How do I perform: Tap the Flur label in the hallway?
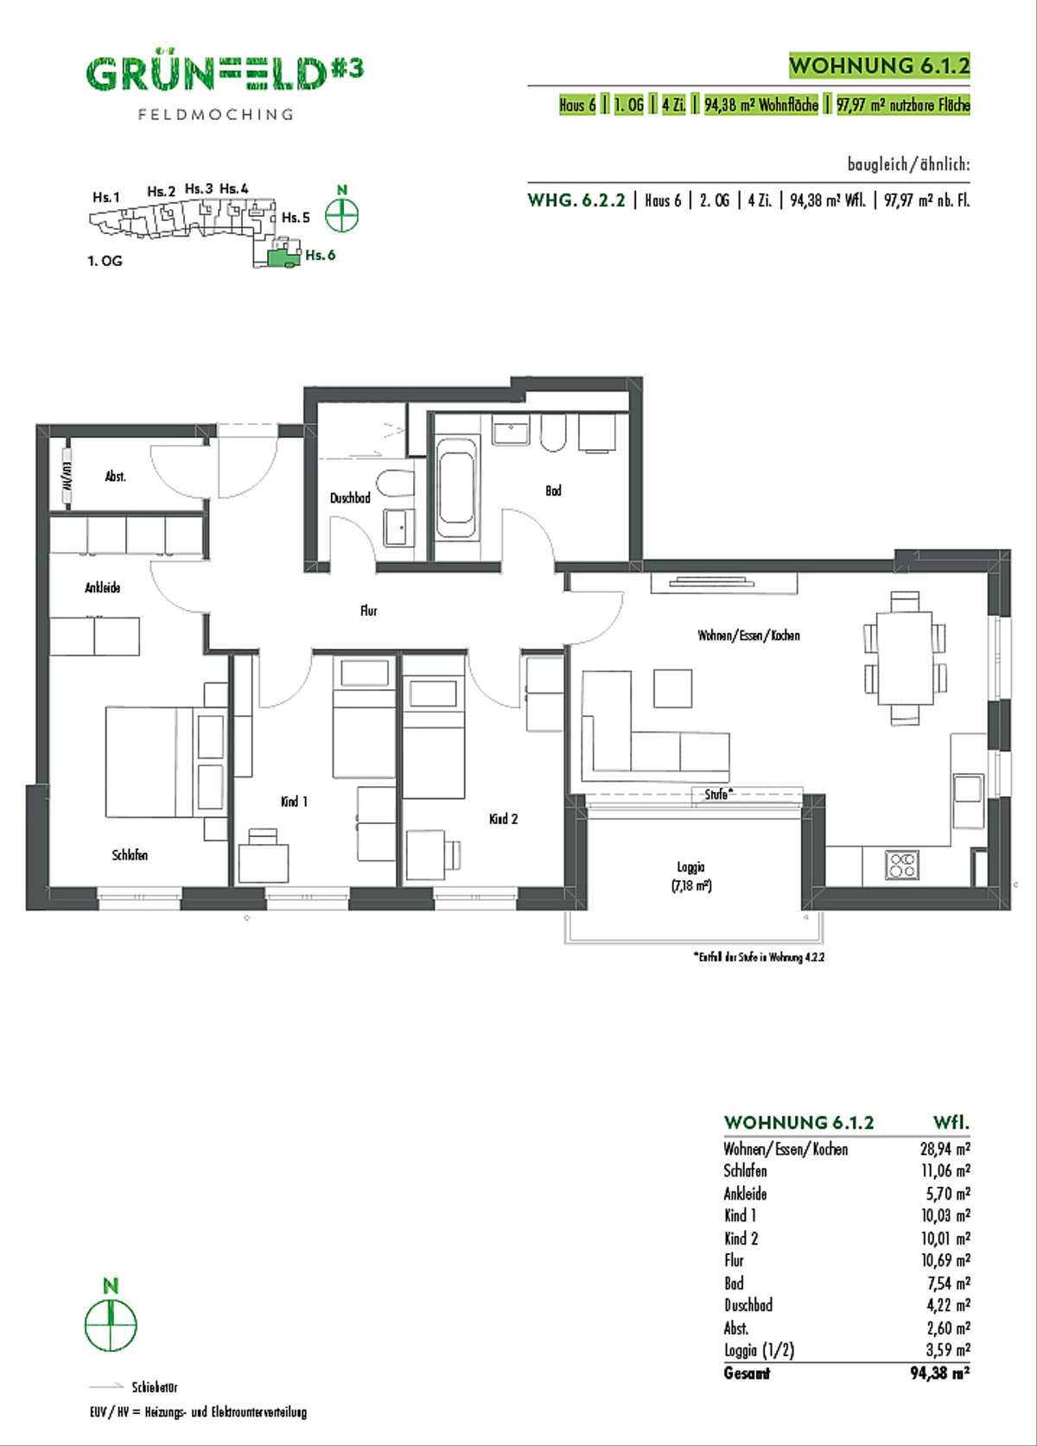pos(369,610)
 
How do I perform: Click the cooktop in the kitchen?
pos(901,865)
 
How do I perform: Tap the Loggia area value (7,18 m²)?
pos(691,885)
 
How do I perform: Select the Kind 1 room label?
pos(294,802)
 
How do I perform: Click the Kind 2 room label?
pos(503,819)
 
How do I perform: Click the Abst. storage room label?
pos(116,477)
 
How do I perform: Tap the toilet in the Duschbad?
pos(395,483)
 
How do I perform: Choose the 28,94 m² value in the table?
pos(945,1149)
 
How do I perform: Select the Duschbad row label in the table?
pos(748,1304)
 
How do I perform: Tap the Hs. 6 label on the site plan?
pos(321,255)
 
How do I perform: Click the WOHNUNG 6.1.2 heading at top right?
pos(880,65)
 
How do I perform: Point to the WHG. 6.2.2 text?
pos(576,200)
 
